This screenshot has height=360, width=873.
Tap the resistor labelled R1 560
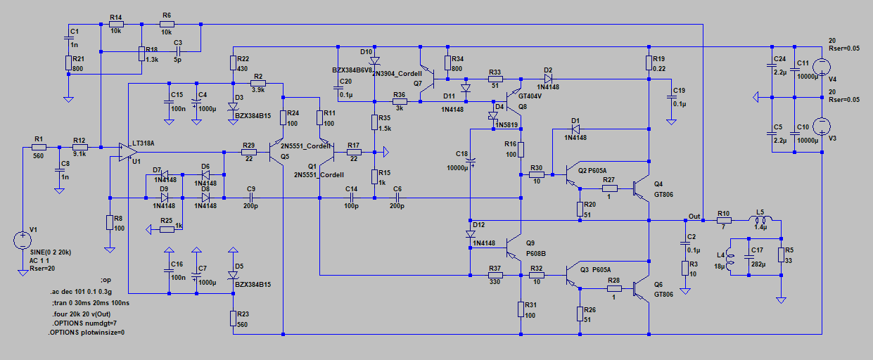pos(39,147)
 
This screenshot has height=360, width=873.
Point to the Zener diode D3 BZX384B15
pos(233,108)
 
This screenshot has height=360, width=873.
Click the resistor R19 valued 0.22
pos(649,63)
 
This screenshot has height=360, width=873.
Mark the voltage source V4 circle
pos(821,66)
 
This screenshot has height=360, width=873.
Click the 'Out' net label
pos(694,216)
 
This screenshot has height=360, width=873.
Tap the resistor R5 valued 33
pos(781,255)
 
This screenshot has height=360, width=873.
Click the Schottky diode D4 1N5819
pos(492,117)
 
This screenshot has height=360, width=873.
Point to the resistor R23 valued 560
pos(233,319)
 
